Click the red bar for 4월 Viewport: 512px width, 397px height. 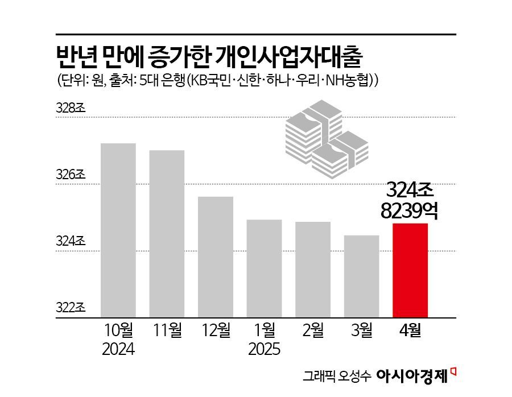(410, 270)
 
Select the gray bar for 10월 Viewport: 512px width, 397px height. (118, 230)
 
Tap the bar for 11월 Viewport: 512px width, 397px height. (167, 234)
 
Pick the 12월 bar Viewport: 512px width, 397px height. (216, 257)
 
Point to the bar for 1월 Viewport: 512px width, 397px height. (264, 268)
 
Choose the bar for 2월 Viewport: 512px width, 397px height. (313, 270)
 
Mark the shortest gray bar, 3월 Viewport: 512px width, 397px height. (361, 276)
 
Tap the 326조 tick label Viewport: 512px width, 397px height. (71, 175)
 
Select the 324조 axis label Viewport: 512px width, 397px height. (71, 242)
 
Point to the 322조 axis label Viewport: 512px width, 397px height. (71, 308)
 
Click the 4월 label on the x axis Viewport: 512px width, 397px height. (410, 330)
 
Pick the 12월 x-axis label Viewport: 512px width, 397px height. (216, 330)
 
